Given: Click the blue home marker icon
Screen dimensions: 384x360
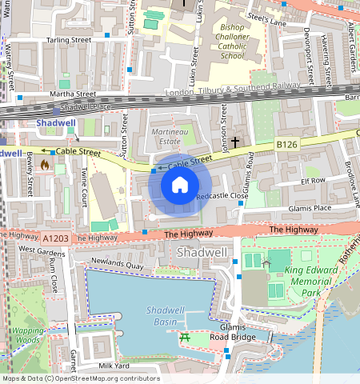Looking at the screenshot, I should pos(180,186).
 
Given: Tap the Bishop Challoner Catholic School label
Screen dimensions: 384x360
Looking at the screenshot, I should pos(222,42).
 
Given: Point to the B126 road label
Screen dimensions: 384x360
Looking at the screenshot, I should pos(286,145).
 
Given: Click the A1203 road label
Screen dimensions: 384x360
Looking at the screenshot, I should pos(56,238).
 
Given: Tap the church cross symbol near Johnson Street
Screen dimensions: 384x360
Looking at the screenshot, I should pos(234,142).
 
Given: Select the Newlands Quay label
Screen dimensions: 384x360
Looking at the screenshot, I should pos(116,262).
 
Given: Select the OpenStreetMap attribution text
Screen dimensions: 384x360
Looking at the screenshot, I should pos(80,378).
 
